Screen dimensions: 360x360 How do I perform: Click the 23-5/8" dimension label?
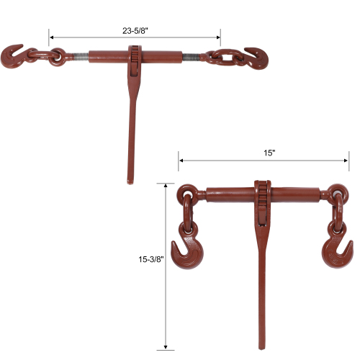point(135,30)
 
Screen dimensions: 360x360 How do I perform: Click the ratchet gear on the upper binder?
point(135,58)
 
